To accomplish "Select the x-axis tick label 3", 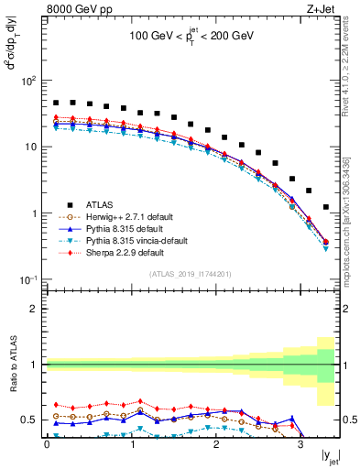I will [301, 444].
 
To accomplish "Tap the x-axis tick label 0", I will [47, 444].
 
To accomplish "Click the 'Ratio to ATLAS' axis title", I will [11, 365].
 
